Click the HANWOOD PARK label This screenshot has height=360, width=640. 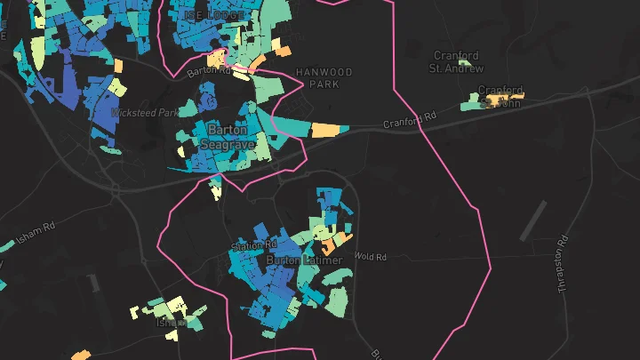[324, 77]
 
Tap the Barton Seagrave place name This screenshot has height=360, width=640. [227, 136]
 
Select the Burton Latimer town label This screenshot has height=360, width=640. [297, 260]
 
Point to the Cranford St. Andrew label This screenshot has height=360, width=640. [457, 61]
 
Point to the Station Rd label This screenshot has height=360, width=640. [253, 244]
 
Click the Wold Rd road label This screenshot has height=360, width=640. [371, 257]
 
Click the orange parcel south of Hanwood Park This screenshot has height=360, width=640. [326, 130]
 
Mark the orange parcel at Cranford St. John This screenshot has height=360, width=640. [512, 96]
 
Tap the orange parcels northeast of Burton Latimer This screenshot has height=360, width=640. [334, 241]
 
